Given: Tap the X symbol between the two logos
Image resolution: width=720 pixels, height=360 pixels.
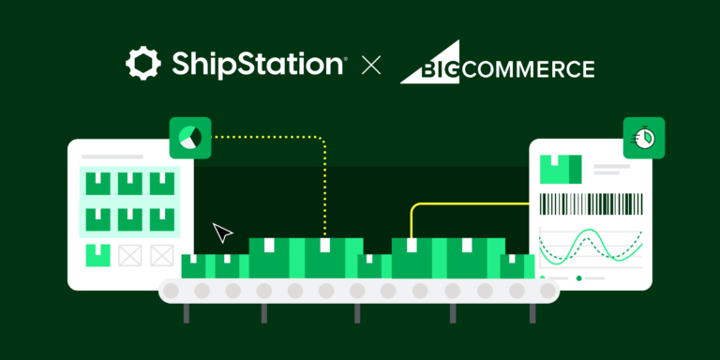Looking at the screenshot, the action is (372, 66).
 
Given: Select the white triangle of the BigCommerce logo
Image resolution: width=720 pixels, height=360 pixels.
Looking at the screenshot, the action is (420, 64).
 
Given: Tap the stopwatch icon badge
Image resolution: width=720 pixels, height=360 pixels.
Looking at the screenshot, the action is (644, 137).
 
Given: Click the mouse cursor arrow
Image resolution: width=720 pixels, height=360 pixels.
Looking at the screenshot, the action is (222, 232).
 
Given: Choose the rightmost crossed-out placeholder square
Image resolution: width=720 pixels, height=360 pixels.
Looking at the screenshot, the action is (161, 254).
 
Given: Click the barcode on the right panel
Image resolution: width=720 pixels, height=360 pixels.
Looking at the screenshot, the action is (591, 205).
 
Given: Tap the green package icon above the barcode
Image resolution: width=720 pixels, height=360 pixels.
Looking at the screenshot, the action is (562, 169).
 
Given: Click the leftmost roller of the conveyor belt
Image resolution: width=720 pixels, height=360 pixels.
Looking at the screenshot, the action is (172, 292).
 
